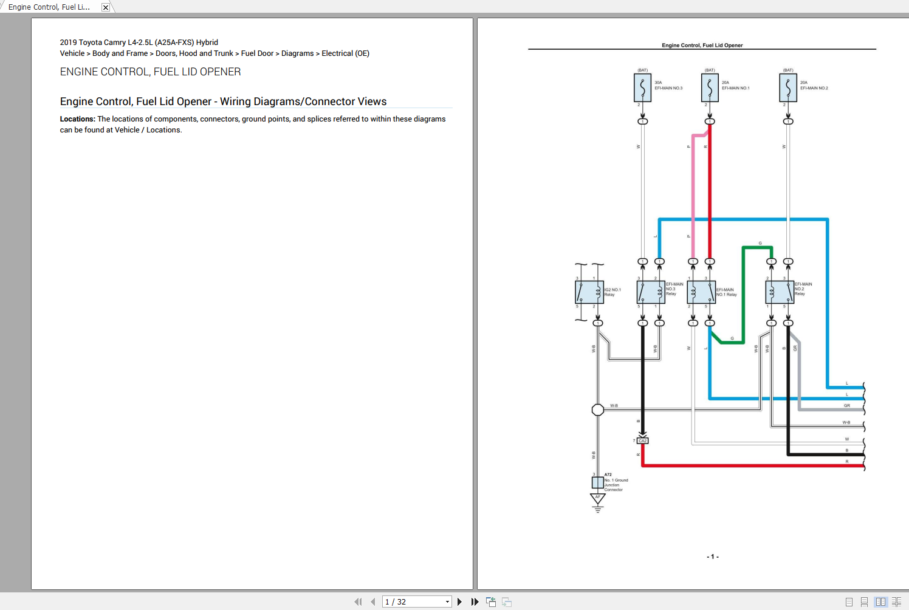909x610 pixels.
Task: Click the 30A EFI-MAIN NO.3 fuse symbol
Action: tap(642, 88)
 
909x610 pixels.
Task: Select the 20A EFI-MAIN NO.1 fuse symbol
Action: tap(710, 88)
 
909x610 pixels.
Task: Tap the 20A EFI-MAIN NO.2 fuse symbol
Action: tap(788, 88)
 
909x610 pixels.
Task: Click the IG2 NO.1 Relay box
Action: tap(589, 292)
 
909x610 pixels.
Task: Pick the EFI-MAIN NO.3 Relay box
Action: tap(651, 292)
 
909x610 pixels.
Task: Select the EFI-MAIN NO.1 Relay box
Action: tap(701, 292)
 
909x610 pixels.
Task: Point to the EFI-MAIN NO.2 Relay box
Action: tap(780, 292)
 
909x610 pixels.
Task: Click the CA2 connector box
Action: tap(643, 440)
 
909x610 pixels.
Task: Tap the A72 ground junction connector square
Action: tap(598, 482)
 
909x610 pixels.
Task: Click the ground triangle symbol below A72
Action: tap(598, 499)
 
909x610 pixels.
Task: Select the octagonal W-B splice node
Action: tap(598, 410)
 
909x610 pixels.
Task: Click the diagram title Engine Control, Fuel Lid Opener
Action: tap(702, 45)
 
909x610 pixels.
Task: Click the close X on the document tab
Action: tap(106, 7)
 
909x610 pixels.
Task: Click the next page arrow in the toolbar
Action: tap(459, 601)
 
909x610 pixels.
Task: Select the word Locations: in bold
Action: tap(77, 119)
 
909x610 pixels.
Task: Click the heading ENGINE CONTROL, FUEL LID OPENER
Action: tap(150, 72)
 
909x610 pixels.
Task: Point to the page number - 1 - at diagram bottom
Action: tap(713, 557)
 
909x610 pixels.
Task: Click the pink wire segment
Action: tap(693, 194)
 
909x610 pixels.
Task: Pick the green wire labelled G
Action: tap(743, 292)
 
